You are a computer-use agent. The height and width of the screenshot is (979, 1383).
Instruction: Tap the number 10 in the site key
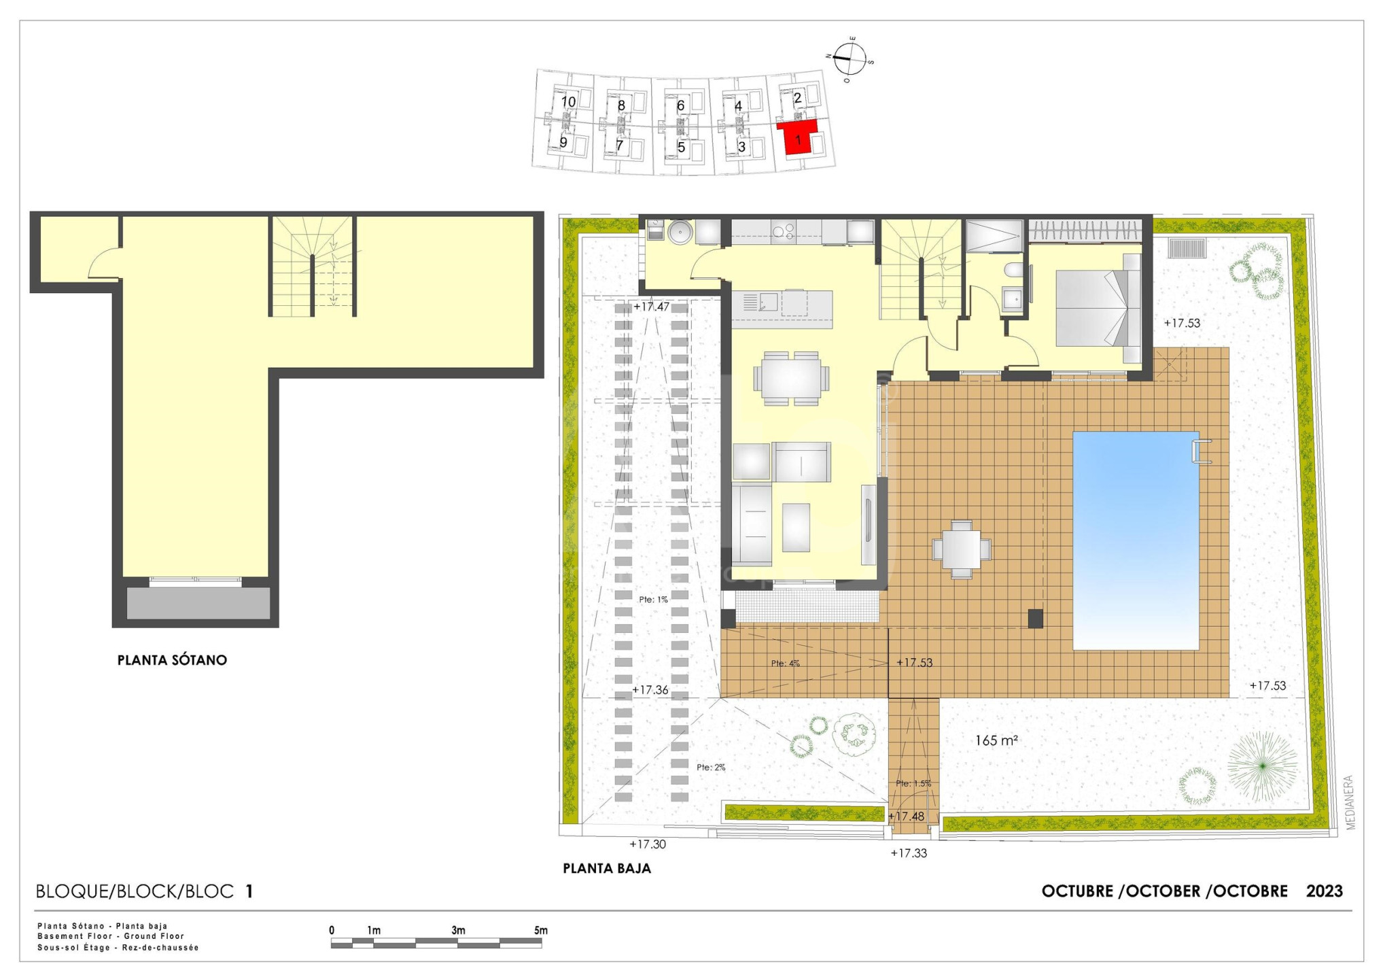point(569,102)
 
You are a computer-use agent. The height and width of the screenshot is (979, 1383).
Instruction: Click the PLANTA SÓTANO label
point(172,660)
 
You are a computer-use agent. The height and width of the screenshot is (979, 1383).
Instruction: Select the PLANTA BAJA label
point(607,868)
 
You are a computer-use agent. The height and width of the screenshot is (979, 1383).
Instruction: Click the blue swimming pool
point(1136,540)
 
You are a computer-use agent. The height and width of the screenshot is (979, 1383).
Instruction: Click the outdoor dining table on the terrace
point(962,549)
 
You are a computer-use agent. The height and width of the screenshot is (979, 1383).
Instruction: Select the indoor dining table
point(791,378)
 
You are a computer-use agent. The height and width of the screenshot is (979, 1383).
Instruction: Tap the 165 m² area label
point(996,740)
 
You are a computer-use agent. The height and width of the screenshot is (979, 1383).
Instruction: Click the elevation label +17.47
point(651,307)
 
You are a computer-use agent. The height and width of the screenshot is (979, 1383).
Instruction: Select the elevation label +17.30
point(648,844)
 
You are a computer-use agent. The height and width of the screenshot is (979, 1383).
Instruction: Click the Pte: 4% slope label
point(786,663)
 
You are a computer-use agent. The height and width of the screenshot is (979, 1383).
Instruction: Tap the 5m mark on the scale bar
point(541,930)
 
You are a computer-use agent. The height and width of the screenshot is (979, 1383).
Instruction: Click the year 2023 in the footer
point(1325,891)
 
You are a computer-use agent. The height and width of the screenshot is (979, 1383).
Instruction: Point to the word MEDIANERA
point(1350,802)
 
